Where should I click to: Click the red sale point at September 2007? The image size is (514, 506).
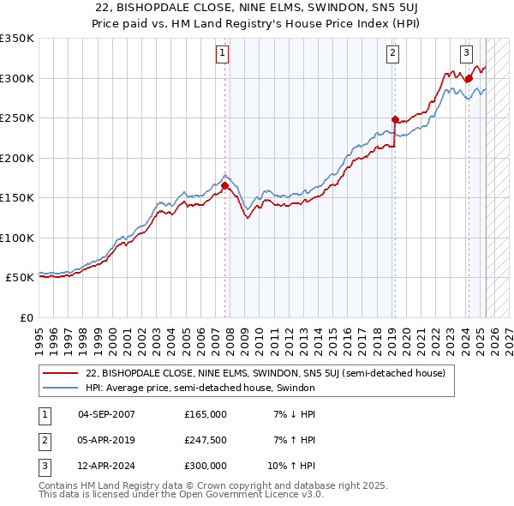coord(225,185)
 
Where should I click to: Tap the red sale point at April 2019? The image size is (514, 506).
coord(395,119)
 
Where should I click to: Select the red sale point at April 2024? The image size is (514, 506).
coord(469,78)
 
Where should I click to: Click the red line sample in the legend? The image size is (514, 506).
coord(60,374)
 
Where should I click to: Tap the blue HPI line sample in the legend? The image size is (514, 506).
coord(60,388)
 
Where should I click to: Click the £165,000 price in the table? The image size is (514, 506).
coord(206,414)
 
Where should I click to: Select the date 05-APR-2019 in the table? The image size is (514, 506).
coord(106,440)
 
